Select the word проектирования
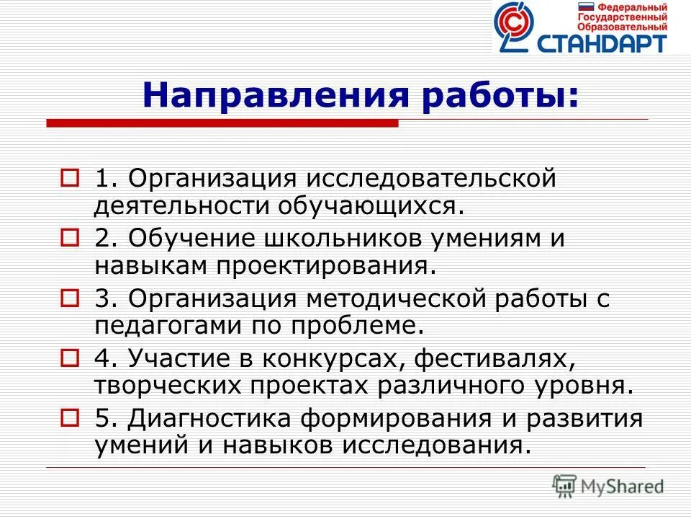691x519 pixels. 325,265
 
